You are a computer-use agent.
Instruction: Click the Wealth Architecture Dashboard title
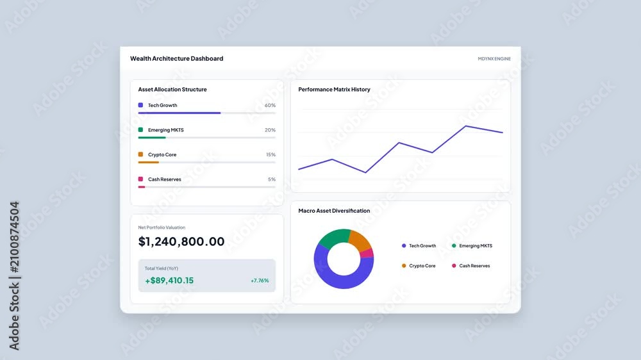(x=177, y=58)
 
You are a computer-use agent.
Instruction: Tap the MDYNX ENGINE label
(x=494, y=59)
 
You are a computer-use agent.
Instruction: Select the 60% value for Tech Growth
(x=270, y=106)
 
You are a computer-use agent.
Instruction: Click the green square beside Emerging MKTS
(x=140, y=129)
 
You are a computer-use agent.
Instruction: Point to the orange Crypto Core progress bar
(x=149, y=162)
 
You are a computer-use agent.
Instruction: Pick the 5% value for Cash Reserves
(x=272, y=179)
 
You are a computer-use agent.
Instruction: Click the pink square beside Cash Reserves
(x=140, y=179)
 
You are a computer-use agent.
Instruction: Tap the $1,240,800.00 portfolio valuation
(x=181, y=241)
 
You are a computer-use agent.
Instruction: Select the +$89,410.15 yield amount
(x=169, y=281)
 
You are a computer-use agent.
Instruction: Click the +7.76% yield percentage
(x=260, y=281)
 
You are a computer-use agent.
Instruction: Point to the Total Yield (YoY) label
(x=161, y=268)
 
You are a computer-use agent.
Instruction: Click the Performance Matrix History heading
(x=334, y=90)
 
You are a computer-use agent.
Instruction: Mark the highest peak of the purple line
(x=465, y=126)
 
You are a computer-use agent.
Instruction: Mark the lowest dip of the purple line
(x=365, y=172)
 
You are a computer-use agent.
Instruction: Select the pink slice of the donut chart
(x=367, y=254)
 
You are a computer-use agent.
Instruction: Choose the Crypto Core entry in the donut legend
(x=419, y=266)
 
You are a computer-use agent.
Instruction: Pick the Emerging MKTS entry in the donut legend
(x=472, y=245)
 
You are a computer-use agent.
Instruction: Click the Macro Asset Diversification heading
(x=334, y=211)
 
